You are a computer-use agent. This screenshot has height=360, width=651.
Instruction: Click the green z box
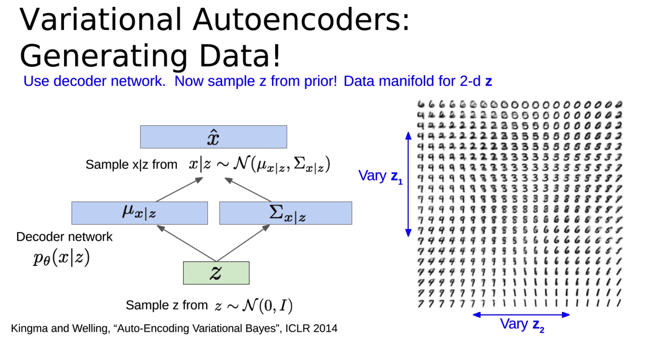(216, 273)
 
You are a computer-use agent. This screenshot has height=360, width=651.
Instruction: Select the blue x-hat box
(213, 137)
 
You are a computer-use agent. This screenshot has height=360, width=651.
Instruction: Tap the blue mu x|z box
(140, 213)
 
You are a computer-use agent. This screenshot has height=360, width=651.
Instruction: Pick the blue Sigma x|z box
(286, 213)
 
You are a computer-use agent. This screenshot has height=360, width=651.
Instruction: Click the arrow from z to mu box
(187, 243)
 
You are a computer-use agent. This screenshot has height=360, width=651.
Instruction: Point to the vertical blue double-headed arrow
(408, 184)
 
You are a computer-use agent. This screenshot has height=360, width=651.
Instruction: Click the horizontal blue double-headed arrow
(521, 315)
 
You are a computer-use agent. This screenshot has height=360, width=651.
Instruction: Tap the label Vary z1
(380, 176)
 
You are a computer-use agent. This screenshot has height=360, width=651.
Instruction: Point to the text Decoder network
(64, 237)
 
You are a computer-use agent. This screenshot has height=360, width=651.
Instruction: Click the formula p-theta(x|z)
(62, 258)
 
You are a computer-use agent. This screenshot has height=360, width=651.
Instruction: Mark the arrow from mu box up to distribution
(180, 189)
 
